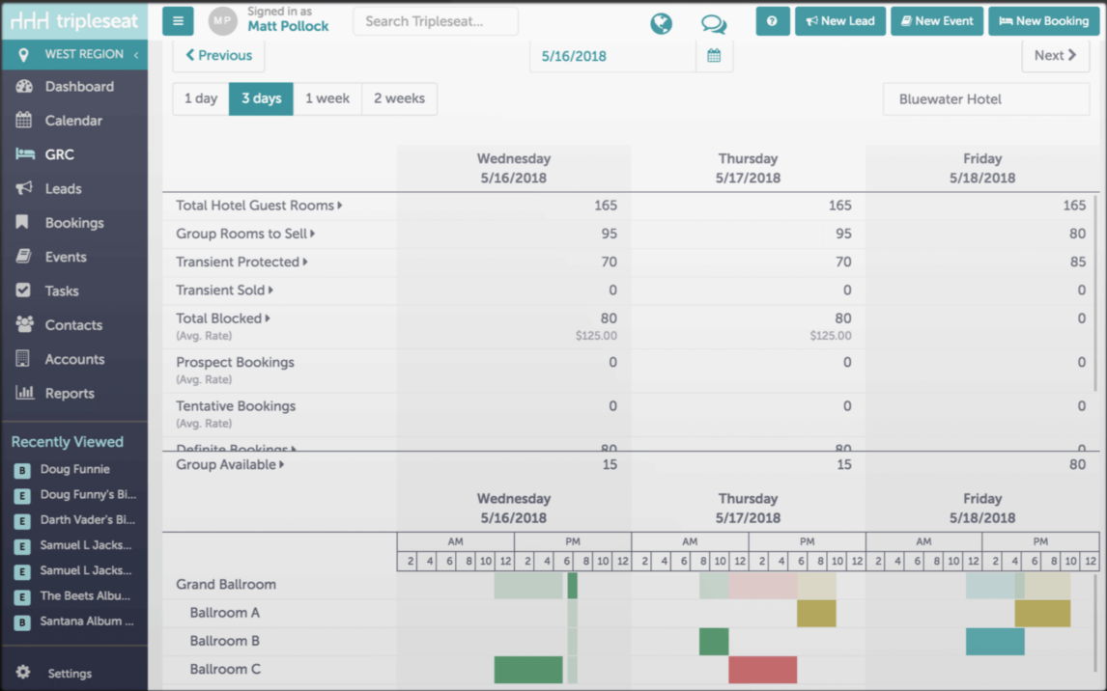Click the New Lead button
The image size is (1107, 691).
839,21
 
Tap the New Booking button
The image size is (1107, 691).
1043,21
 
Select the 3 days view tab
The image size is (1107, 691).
261,98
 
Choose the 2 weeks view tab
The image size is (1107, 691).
399,98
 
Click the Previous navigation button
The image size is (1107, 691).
218,56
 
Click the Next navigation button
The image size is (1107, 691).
1055,56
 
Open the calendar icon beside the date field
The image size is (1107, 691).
714,56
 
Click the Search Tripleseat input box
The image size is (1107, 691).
435,21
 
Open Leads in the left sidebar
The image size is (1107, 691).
63,189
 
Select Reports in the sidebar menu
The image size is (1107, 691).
70,394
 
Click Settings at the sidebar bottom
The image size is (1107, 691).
70,674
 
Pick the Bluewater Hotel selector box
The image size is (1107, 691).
985,99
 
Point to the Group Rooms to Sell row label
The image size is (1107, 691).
241,234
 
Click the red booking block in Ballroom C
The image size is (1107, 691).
762,670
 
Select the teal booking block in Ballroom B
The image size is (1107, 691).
994,642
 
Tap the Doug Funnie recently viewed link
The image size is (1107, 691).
74,470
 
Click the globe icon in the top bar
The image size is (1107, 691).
662,23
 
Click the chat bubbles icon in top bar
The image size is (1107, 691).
714,24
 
